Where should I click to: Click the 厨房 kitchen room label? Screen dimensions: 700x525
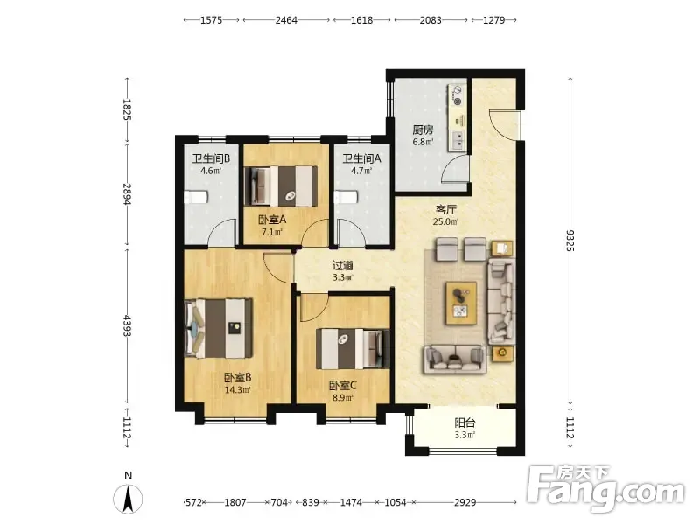(x=423, y=129)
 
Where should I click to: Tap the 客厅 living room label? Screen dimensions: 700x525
(x=445, y=209)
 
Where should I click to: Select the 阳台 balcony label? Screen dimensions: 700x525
(x=465, y=423)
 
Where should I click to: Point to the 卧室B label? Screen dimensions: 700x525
(x=237, y=378)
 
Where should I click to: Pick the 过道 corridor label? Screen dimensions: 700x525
(x=342, y=266)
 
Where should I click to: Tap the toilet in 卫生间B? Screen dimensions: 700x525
(x=196, y=197)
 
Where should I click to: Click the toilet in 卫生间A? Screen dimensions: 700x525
(x=346, y=197)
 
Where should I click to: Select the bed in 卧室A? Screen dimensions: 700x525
(x=281, y=186)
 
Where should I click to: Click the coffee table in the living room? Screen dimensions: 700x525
(x=461, y=303)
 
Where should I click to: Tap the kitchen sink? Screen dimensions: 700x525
(x=458, y=139)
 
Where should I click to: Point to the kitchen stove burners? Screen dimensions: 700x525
(x=457, y=95)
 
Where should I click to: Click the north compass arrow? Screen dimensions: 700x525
(x=128, y=499)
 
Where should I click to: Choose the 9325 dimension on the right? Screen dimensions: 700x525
(x=570, y=241)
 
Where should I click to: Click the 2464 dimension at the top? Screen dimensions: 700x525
(x=286, y=20)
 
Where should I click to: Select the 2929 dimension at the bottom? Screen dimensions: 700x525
(x=465, y=502)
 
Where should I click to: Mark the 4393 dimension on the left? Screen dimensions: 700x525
(x=128, y=325)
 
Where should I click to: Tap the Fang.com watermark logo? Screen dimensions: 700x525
(x=605, y=489)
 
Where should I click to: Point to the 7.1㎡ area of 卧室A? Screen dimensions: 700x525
(x=272, y=232)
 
